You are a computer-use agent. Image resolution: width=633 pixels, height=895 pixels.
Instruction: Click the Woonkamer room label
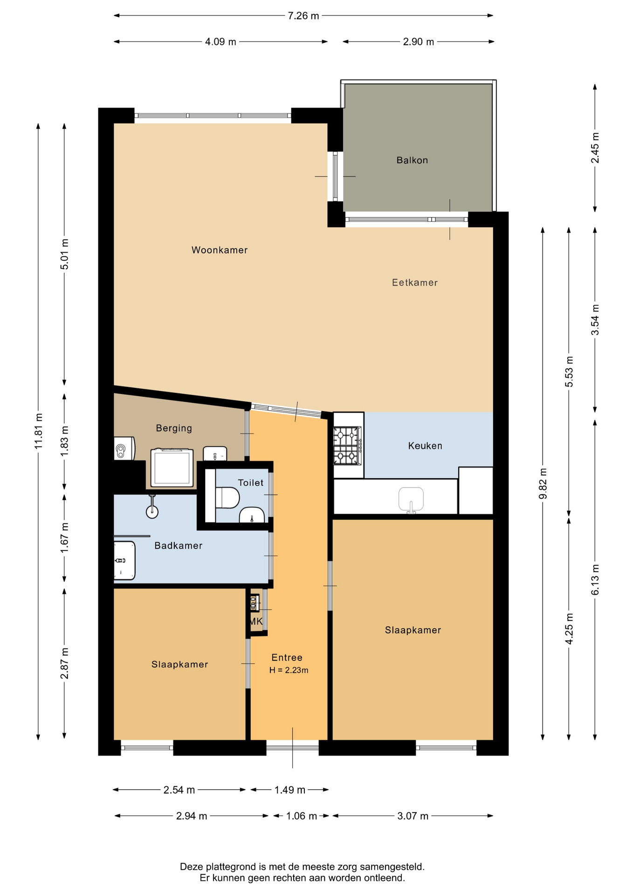(x=220, y=250)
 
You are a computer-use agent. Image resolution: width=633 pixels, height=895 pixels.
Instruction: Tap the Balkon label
(x=412, y=160)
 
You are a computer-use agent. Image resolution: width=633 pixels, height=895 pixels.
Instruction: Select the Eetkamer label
(x=415, y=282)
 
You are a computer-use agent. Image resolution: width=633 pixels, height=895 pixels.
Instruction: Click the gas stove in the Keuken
(x=347, y=446)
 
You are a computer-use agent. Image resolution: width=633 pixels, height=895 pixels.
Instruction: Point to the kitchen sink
(x=411, y=500)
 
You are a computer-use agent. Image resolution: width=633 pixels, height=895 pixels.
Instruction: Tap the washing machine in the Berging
(x=172, y=468)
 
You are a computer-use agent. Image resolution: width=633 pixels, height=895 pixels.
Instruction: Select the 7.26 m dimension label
(x=303, y=16)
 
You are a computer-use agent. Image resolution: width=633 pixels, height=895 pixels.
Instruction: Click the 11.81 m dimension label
(x=38, y=431)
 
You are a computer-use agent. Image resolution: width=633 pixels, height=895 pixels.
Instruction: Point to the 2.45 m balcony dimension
(x=595, y=148)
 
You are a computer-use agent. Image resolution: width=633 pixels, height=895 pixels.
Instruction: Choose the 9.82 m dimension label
(x=543, y=483)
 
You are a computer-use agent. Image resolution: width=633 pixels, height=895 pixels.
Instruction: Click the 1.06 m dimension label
(x=302, y=816)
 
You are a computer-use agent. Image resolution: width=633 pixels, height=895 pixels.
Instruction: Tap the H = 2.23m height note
(x=289, y=670)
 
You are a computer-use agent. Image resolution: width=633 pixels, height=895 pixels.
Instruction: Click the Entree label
(x=287, y=657)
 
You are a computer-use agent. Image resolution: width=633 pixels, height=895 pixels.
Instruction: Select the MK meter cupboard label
(x=256, y=621)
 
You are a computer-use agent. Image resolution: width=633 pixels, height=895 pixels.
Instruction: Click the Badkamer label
(x=179, y=545)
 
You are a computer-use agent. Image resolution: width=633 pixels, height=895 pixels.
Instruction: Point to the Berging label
(x=174, y=428)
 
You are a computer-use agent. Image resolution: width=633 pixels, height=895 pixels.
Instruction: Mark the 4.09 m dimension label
(x=220, y=42)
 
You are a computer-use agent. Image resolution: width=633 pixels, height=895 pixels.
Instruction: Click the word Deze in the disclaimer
(x=192, y=867)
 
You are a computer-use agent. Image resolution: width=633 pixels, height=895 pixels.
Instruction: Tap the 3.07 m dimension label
(x=413, y=816)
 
